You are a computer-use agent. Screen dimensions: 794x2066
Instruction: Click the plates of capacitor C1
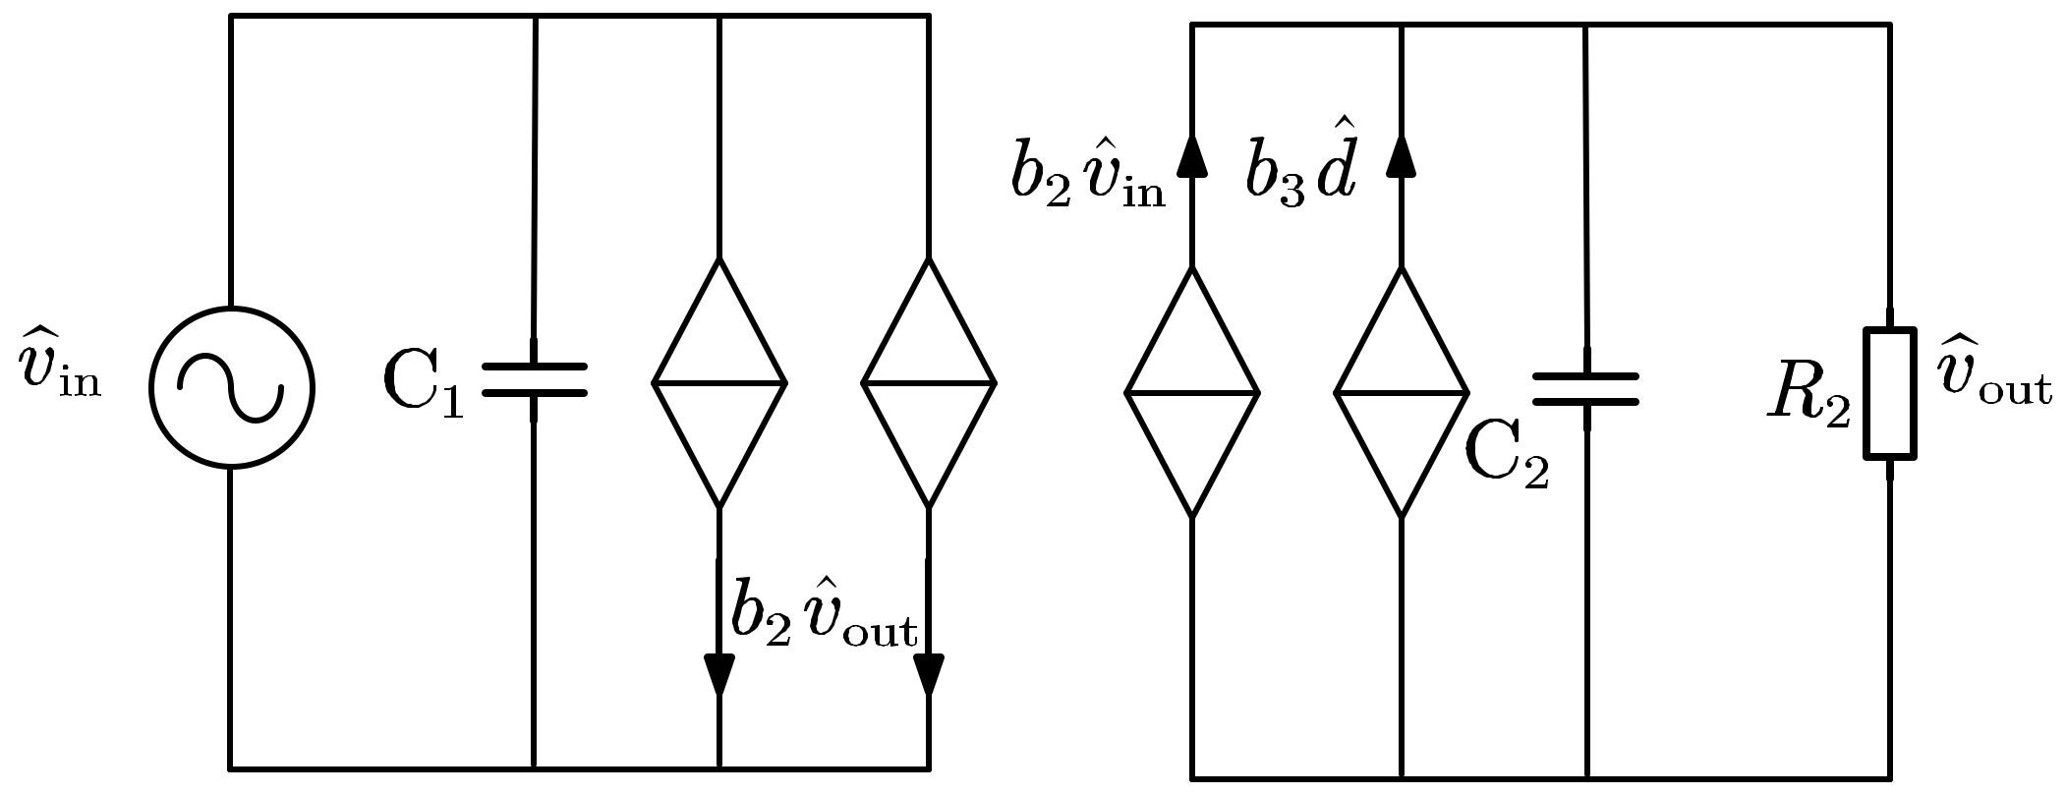(534, 380)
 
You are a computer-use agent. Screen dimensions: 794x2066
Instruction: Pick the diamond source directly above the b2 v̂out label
(719, 382)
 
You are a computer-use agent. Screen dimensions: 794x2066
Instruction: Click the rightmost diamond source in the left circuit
(929, 382)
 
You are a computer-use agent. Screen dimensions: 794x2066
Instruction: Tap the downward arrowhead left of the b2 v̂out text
(719, 673)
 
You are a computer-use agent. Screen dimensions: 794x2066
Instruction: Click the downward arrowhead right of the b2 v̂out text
(929, 673)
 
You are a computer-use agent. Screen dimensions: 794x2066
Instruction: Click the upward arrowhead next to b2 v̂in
(1192, 155)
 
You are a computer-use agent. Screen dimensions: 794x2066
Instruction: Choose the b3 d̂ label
(1301, 169)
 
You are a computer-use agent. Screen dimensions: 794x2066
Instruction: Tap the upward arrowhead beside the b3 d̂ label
(1402, 155)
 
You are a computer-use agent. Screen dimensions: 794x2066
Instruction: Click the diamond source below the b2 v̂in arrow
(1192, 392)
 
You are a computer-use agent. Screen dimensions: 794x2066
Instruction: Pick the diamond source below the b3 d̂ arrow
(1402, 392)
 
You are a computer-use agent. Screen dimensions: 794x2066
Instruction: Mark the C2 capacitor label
(1507, 458)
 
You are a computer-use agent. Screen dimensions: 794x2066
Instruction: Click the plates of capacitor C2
(1586, 388)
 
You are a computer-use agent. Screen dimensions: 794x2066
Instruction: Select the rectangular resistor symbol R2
(1890, 393)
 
